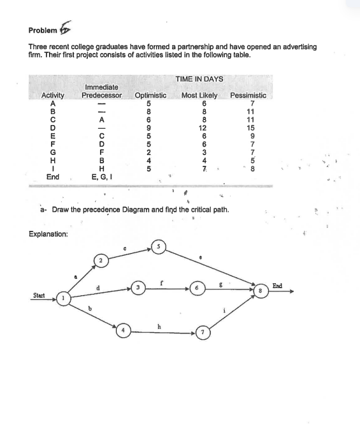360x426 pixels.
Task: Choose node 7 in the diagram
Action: (202, 334)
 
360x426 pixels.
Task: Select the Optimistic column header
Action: (150, 96)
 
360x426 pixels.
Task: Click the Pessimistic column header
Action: (248, 96)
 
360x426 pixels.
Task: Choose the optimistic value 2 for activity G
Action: (148, 152)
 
